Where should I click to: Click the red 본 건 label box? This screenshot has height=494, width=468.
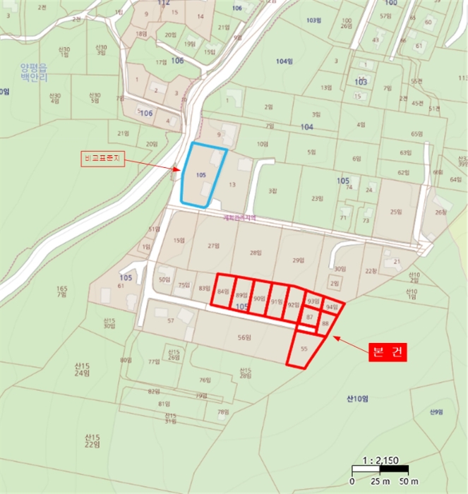tap(388, 353)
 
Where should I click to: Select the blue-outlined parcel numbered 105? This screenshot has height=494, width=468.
tap(202, 175)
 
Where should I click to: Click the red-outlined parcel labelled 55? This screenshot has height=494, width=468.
tap(306, 349)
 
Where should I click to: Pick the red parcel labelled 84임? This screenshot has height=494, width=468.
tap(224, 291)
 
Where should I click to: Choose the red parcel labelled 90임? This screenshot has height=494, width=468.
tap(259, 299)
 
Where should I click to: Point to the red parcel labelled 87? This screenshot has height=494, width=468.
tap(309, 318)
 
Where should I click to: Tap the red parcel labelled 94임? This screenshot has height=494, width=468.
tap(332, 307)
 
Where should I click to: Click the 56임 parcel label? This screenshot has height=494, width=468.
tap(245, 337)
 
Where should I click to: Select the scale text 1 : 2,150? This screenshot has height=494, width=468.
tap(380, 460)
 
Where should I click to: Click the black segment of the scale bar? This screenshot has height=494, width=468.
tap(394, 469)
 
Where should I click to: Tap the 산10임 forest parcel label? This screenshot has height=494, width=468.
tap(358, 399)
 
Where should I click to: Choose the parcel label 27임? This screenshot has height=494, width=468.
tap(215, 246)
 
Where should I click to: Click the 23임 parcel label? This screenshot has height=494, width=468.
tap(316, 198)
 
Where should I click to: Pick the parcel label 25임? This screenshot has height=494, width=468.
tap(395, 211)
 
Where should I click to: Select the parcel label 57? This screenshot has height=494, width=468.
tap(171, 321)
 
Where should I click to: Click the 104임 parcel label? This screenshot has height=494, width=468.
tap(284, 61)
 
